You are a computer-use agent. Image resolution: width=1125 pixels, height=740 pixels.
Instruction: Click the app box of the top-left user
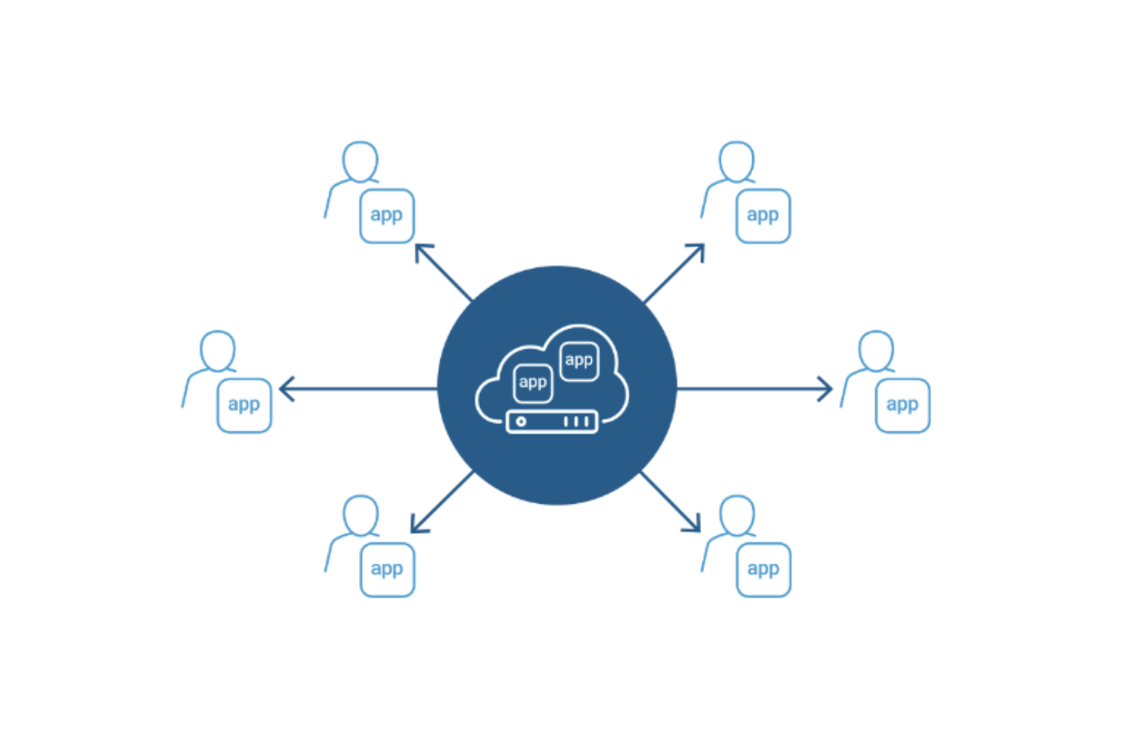point(387,216)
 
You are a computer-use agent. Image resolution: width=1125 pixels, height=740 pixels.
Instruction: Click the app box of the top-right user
point(763,216)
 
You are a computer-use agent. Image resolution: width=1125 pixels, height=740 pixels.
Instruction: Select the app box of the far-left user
point(244,405)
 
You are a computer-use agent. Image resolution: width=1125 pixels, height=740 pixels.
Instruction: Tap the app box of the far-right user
point(902,405)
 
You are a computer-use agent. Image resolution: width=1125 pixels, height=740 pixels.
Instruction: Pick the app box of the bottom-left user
point(387,569)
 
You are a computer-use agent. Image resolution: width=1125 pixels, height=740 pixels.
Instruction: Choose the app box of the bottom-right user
point(763,569)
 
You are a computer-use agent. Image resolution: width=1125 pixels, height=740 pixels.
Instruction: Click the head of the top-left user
point(360,161)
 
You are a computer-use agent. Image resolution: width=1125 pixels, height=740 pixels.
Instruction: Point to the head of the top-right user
point(737,161)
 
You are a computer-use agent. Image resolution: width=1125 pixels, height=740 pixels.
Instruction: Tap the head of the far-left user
point(218,350)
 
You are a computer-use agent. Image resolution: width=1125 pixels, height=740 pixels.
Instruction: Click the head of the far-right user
point(877,350)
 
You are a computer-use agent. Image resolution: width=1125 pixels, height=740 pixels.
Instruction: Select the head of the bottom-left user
point(360,515)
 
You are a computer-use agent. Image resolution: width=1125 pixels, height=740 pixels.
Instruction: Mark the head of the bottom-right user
point(737,515)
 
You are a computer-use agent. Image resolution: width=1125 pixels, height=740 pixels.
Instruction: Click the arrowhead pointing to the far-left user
point(285,389)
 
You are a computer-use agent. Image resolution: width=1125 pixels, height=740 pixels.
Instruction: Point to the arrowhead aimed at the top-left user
point(420,249)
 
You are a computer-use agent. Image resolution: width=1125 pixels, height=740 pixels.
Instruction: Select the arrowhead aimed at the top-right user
point(699,249)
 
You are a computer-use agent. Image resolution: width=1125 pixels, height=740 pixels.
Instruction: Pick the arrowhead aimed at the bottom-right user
point(696,526)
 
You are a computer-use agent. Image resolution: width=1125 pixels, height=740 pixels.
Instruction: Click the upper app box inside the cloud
point(579,361)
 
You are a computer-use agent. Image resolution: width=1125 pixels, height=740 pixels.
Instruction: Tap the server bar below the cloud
point(552,422)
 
